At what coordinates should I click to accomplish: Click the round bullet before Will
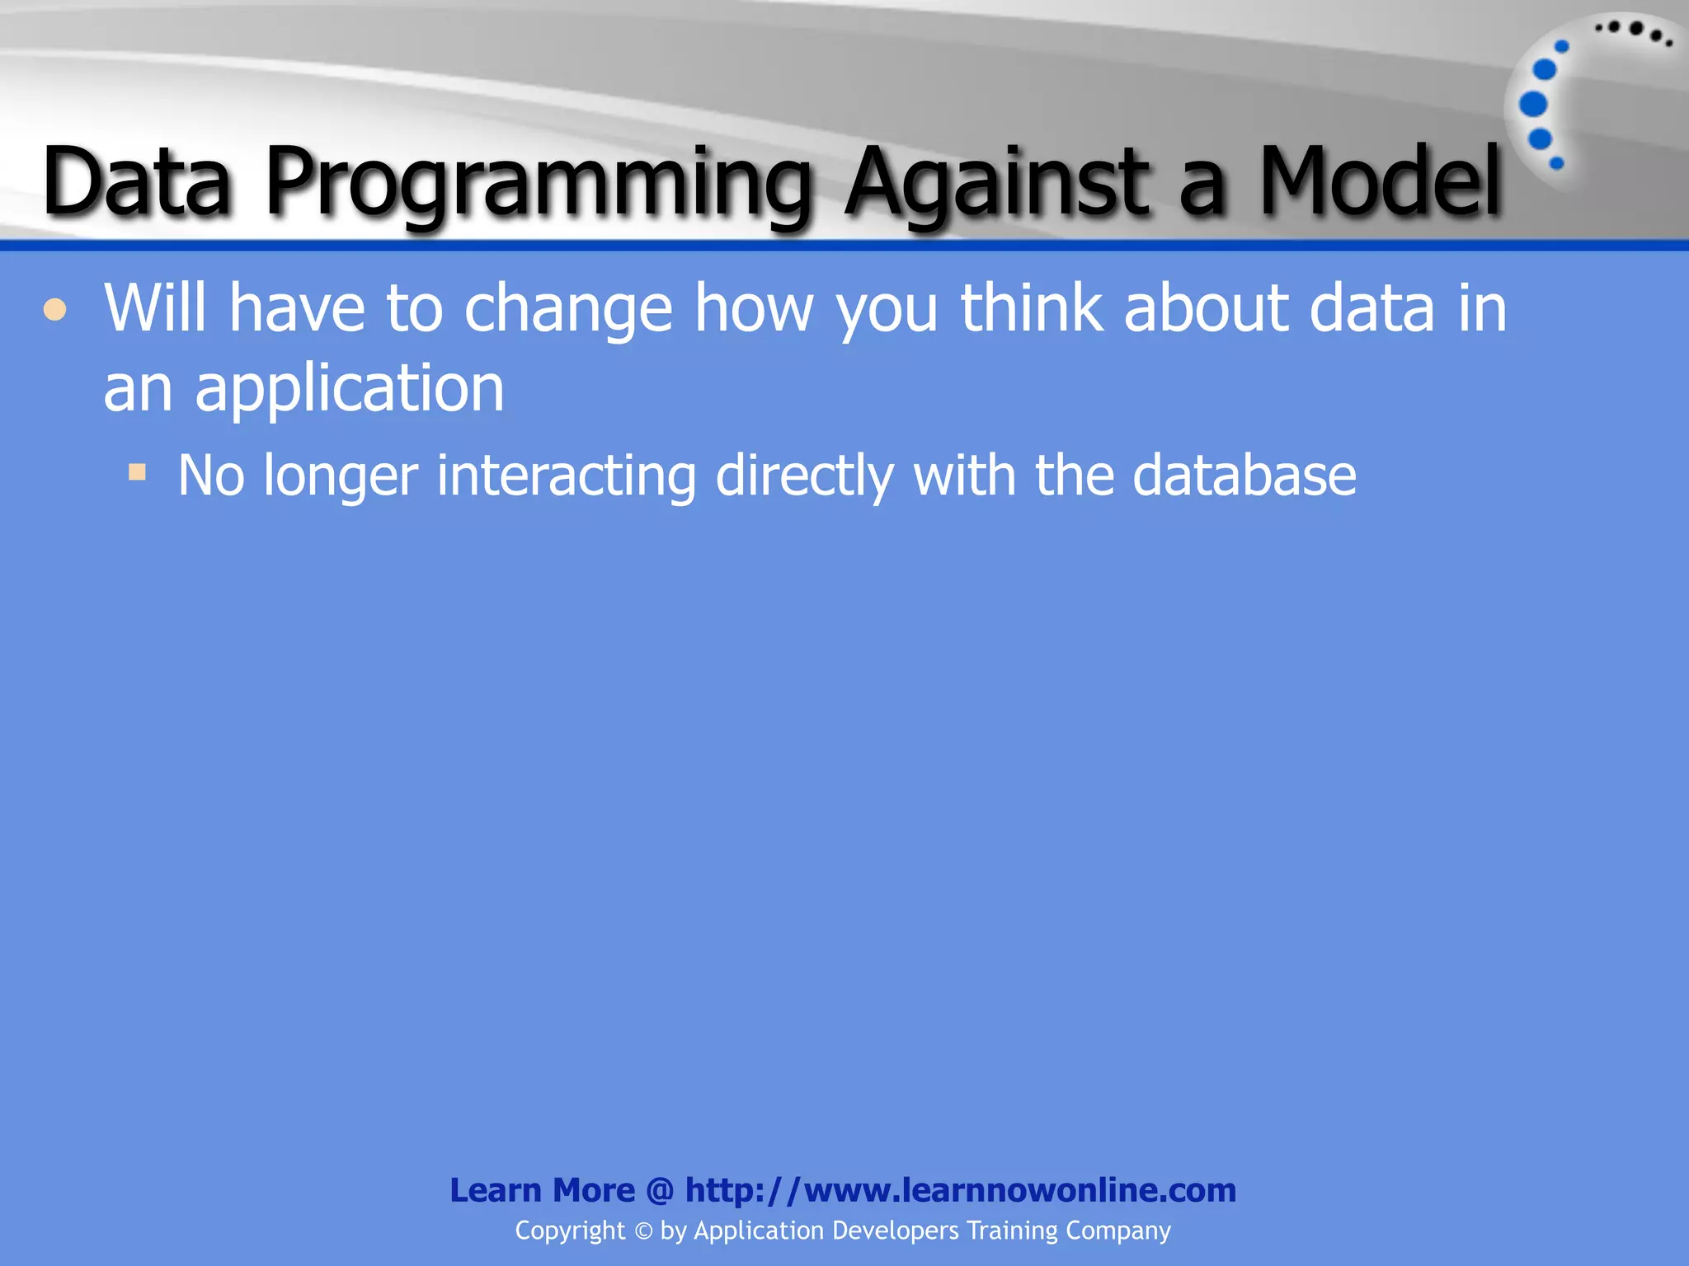tap(55, 311)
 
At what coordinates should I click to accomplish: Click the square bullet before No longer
tap(137, 472)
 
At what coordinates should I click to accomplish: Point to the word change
tap(568, 309)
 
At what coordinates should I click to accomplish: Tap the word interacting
tap(566, 476)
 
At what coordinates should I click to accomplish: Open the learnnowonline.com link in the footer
tap(960, 1190)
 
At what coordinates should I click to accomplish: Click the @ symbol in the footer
tap(660, 1190)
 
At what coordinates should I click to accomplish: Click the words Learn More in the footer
tap(542, 1190)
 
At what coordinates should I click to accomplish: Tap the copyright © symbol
tap(643, 1231)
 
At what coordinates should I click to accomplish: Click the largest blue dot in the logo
tap(1533, 105)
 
